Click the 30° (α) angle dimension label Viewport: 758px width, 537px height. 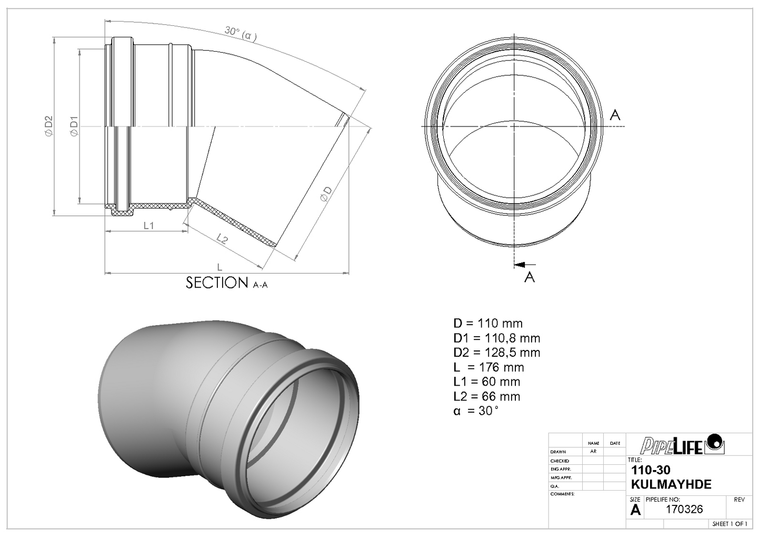[241, 33]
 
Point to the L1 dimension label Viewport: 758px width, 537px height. [148, 226]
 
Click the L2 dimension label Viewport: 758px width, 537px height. [222, 240]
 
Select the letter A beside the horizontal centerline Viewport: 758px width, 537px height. [614, 114]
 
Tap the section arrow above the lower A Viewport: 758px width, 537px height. [524, 265]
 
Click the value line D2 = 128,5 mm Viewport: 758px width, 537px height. [496, 353]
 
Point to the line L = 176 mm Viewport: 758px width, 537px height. [488, 367]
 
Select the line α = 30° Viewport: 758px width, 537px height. [475, 411]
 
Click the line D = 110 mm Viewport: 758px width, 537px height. [487, 324]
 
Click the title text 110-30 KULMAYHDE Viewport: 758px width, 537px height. [670, 477]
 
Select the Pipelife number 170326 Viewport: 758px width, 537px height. [684, 510]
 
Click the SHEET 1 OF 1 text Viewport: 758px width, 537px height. [729, 524]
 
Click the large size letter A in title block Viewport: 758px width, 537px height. [635, 510]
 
